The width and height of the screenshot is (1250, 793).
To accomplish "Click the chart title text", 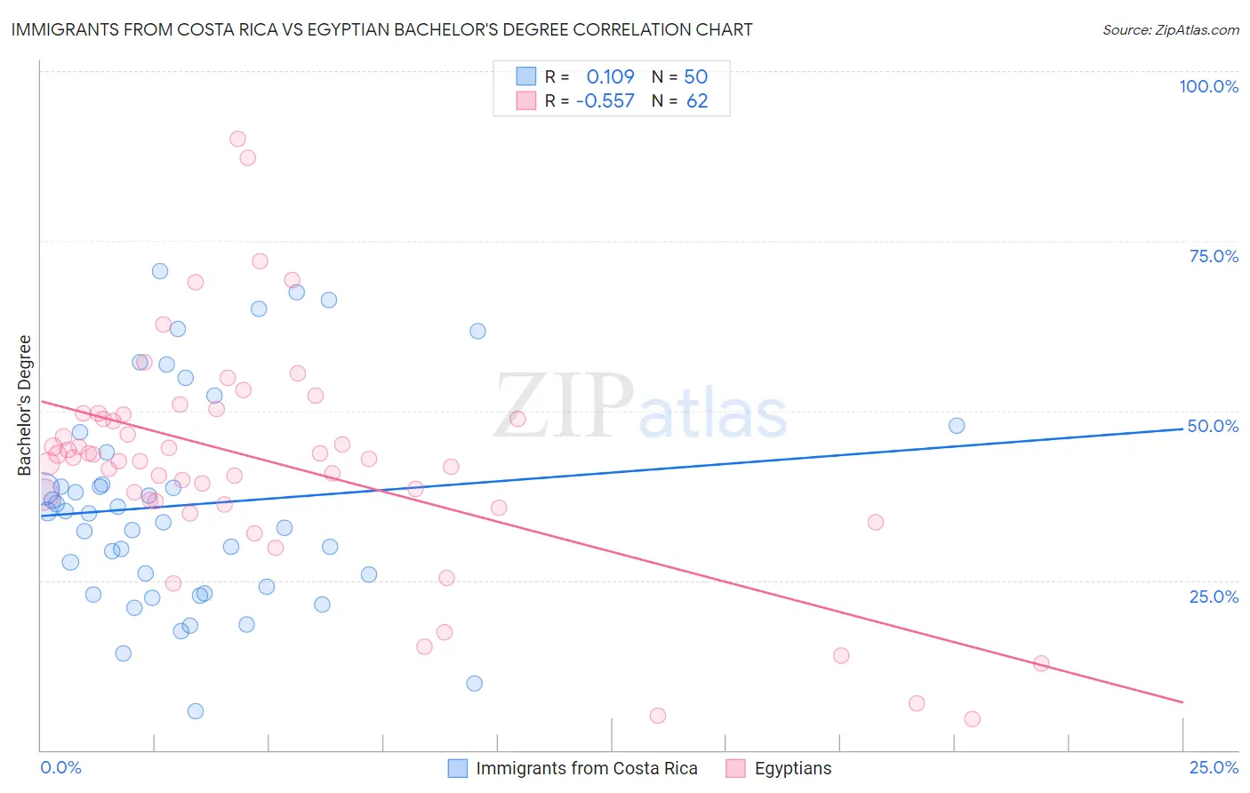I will (381, 30).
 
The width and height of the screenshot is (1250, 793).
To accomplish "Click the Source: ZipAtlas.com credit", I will (1170, 30).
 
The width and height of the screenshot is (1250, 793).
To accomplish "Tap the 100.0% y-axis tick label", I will (1208, 86).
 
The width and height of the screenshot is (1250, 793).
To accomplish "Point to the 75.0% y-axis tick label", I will (1214, 256).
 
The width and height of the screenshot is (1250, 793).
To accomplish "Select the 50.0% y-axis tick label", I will (1213, 426).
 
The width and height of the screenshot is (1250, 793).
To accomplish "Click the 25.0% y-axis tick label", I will (1214, 597).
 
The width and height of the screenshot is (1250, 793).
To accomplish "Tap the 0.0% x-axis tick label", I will (60, 767).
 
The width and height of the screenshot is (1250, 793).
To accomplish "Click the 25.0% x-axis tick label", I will (1214, 767).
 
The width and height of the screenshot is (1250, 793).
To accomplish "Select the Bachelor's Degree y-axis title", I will (25, 405).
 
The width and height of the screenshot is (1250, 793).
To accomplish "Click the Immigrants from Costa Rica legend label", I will (586, 768).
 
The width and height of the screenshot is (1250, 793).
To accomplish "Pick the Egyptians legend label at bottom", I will (793, 768).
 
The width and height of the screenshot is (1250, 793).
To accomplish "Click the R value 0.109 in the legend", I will (610, 76).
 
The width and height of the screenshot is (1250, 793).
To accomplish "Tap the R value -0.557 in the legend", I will (605, 101).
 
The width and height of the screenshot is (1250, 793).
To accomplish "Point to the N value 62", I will (697, 101).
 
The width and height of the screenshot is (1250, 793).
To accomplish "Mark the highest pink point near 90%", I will (237, 139).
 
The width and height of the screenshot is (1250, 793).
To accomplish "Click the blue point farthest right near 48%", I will (957, 426).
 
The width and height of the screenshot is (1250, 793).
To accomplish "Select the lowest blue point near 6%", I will (196, 711).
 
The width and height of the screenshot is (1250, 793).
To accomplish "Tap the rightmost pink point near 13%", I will (1041, 663).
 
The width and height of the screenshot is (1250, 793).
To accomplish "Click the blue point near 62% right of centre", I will (477, 332).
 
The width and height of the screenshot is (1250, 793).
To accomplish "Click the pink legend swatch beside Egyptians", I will (735, 768).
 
